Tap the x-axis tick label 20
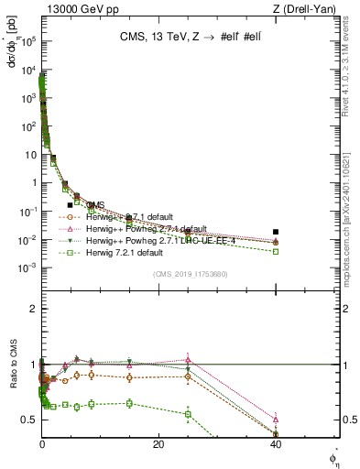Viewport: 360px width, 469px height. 158,444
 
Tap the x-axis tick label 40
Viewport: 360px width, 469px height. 276,444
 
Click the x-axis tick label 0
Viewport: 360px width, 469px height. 42,444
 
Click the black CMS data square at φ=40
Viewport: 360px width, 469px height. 276,232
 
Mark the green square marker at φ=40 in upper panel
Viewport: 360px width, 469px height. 276,251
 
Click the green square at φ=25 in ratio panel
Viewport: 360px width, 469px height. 188,414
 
